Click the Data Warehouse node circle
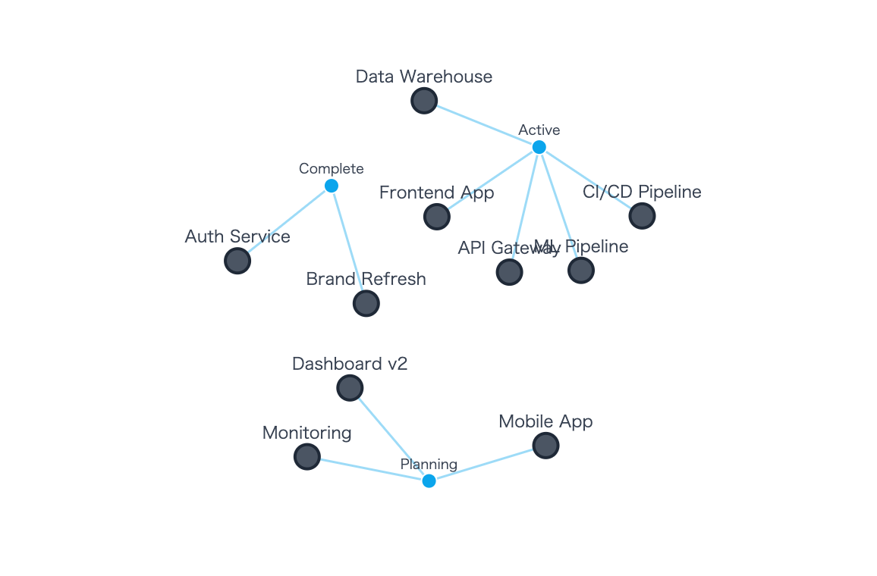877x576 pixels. pos(424,100)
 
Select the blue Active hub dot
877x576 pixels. pos(539,147)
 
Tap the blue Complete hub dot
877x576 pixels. pos(331,186)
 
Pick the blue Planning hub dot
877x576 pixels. pos(429,481)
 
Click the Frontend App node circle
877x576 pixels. pos(437,217)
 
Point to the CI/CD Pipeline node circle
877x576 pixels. pos(642,216)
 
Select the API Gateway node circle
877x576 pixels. pos(509,272)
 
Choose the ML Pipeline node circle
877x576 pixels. pos(581,270)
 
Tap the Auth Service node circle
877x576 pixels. pos(237,261)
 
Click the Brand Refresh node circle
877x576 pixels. pos(366,303)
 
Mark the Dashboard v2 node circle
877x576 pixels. pos(350,388)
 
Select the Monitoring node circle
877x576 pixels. pos(306,456)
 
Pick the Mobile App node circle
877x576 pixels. pos(545,446)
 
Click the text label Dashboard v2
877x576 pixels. pos(350,364)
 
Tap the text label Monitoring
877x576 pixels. pos(306,433)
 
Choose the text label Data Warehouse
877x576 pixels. pos(423,77)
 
